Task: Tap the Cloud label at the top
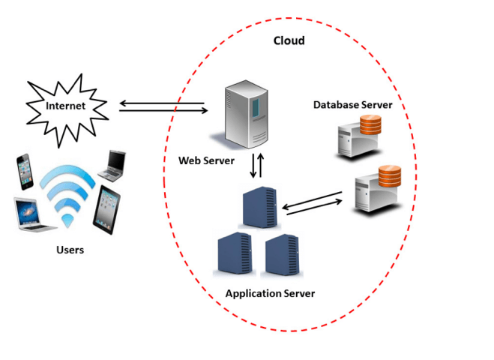(x=289, y=40)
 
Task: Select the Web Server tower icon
(x=247, y=117)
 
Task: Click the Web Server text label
(x=206, y=160)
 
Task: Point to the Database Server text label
(x=352, y=105)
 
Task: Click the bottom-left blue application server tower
(x=234, y=256)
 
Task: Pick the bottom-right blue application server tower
(x=283, y=256)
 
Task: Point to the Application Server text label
(x=270, y=293)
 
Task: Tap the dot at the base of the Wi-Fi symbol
(x=68, y=221)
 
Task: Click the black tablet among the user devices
(x=106, y=208)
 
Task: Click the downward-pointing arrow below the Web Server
(x=253, y=166)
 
